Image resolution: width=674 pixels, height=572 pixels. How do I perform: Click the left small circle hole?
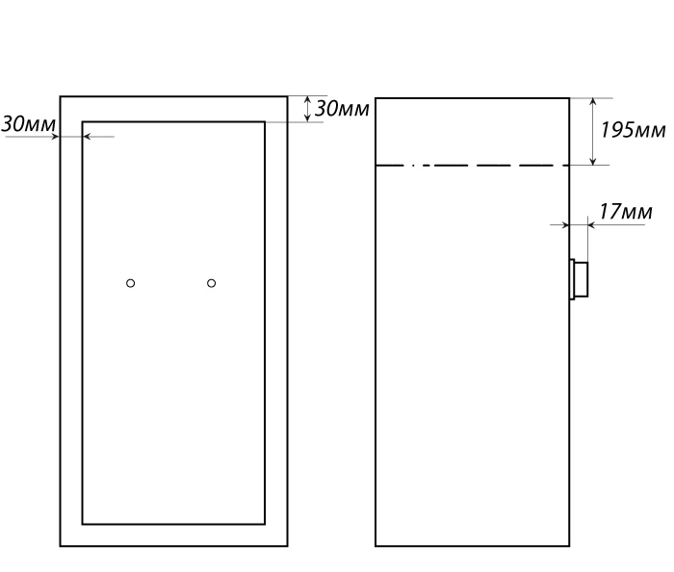(131, 283)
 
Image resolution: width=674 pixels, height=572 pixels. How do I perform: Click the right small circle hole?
(212, 283)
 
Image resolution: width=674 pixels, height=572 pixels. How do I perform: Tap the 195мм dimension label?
(633, 130)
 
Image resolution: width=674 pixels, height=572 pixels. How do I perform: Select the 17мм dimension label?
(626, 212)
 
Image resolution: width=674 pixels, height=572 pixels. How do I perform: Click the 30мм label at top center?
(342, 109)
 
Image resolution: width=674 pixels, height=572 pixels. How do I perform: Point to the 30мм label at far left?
(28, 124)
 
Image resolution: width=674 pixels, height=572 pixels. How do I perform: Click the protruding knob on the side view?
(579, 279)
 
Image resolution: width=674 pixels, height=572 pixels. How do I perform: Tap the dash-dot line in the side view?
(473, 165)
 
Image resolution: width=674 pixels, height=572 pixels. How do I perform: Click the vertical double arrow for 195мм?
(593, 132)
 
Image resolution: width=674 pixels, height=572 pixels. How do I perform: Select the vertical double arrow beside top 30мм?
(307, 109)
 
